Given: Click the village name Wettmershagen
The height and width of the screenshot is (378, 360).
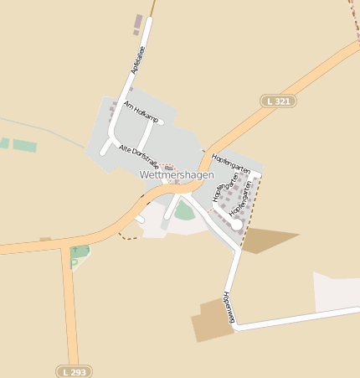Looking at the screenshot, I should (177, 174).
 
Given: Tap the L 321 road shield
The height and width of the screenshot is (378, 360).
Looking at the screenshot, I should (278, 101).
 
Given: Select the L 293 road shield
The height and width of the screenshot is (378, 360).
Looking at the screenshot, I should (75, 370).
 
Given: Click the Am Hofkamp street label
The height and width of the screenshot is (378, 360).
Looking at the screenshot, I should (141, 111).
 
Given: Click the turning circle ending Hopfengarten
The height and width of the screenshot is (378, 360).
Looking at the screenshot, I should (237, 225).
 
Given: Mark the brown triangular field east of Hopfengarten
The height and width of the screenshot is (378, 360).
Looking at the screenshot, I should (266, 240).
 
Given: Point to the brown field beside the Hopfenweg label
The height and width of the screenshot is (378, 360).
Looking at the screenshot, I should (208, 320).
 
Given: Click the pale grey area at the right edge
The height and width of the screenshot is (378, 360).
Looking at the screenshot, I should (335, 291).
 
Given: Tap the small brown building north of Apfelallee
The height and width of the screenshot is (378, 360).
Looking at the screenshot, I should (138, 23).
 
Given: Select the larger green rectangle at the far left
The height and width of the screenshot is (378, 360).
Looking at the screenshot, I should (25, 146).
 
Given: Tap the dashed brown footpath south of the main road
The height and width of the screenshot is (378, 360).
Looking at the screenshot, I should (127, 237).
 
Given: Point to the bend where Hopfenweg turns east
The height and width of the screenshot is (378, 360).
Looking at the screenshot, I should (236, 326).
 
